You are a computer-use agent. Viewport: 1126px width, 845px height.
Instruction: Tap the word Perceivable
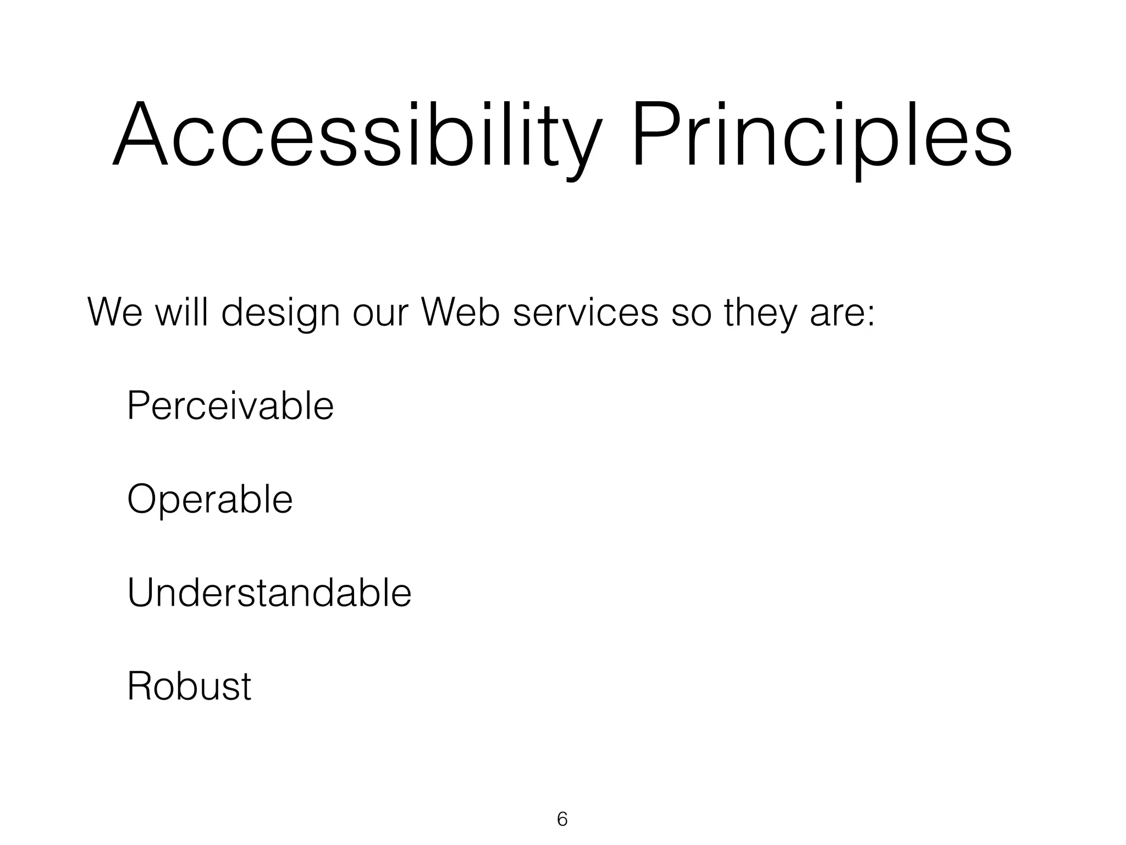pyautogui.click(x=230, y=406)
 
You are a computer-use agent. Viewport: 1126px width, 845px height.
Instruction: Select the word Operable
pyautogui.click(x=209, y=500)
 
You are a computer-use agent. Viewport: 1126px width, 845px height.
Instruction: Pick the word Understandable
pyautogui.click(x=269, y=593)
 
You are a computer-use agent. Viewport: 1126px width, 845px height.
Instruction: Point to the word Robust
pyautogui.click(x=189, y=687)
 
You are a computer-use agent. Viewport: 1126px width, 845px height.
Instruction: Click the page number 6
pyautogui.click(x=562, y=819)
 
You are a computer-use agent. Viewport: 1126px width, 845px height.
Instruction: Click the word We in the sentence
pyautogui.click(x=114, y=312)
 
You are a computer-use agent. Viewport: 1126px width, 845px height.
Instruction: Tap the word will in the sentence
pyautogui.click(x=181, y=312)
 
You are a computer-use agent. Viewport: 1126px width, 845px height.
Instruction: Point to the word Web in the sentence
pyautogui.click(x=460, y=312)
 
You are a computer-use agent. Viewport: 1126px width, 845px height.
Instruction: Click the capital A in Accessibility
pyautogui.click(x=140, y=135)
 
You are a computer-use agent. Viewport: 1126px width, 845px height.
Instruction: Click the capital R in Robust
pyautogui.click(x=140, y=687)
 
